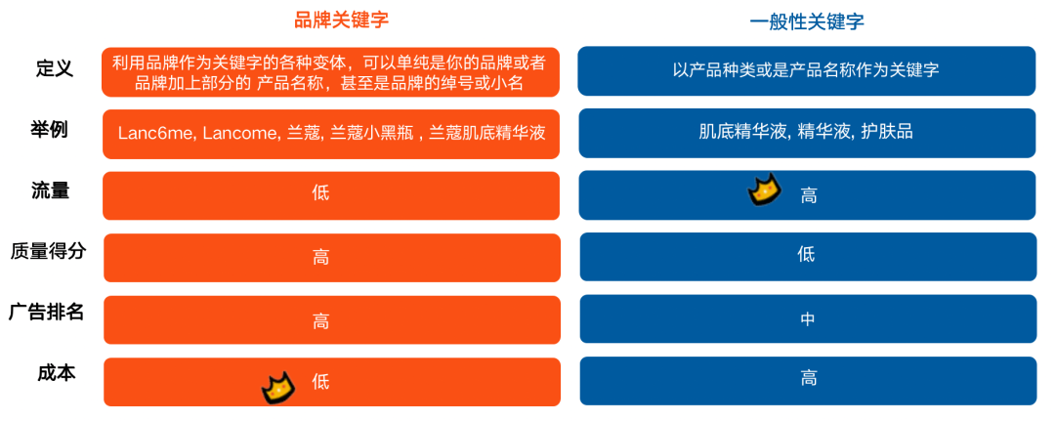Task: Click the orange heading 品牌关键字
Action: (335, 20)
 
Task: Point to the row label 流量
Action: (50, 189)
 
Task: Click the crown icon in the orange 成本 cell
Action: (277, 388)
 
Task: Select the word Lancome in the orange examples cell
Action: (240, 133)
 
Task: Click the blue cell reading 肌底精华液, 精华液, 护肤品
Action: (806, 132)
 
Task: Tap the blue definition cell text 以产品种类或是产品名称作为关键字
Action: (806, 70)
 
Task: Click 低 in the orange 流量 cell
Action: (320, 193)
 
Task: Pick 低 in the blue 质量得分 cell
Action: (806, 255)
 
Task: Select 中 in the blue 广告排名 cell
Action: (807, 317)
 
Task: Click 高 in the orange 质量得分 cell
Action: (320, 256)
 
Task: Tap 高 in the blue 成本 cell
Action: (808, 378)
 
